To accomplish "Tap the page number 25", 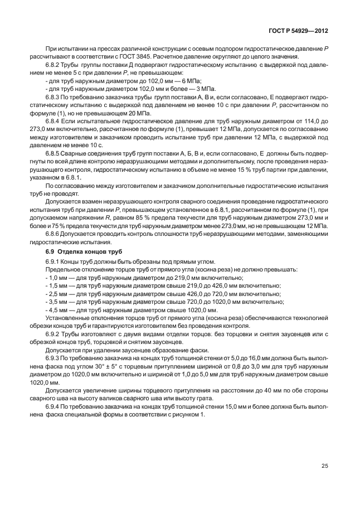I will [x=324, y=466].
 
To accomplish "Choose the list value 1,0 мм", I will [x=57, y=278].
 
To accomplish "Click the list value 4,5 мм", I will [x=57, y=310].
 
